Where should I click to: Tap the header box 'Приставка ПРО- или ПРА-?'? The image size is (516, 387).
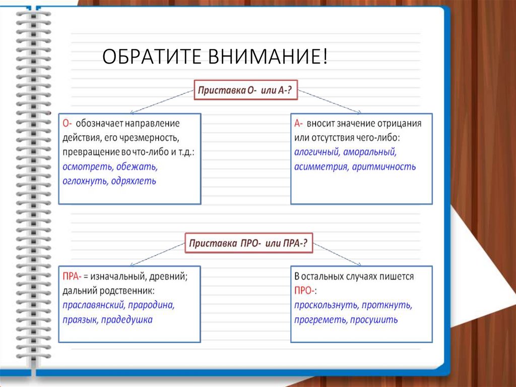click(248, 244)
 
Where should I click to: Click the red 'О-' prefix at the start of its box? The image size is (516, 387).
click(68, 123)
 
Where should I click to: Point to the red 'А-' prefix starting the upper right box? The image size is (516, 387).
click(298, 123)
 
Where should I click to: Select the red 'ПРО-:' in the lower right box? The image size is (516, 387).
click(305, 291)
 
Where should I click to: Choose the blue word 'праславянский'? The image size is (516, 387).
click(93, 305)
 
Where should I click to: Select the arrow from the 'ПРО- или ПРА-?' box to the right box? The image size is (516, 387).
click(338, 254)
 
